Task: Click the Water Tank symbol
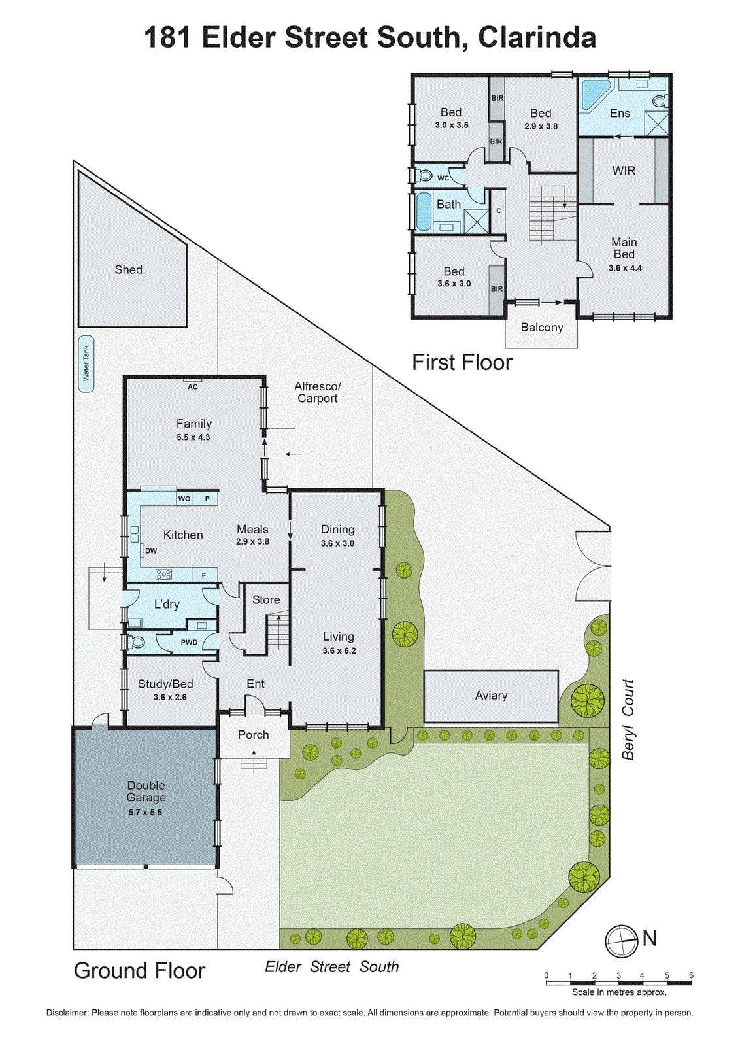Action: click(86, 363)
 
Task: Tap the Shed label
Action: click(128, 269)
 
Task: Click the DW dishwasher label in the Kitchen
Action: click(150, 551)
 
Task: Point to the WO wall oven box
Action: click(184, 499)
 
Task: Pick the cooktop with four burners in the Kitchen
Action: click(163, 575)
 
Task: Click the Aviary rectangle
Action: click(491, 696)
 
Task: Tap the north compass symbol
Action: click(621, 941)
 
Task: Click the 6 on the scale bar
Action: click(691, 975)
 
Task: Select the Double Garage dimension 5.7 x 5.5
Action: click(145, 813)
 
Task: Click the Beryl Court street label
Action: click(628, 719)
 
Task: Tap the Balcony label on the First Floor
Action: click(542, 328)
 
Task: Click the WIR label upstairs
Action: click(624, 171)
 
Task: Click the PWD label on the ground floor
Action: click(189, 643)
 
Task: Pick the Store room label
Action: click(266, 599)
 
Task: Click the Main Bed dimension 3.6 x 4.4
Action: click(625, 268)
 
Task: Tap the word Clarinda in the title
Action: click(537, 37)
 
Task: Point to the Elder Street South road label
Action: click(331, 967)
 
